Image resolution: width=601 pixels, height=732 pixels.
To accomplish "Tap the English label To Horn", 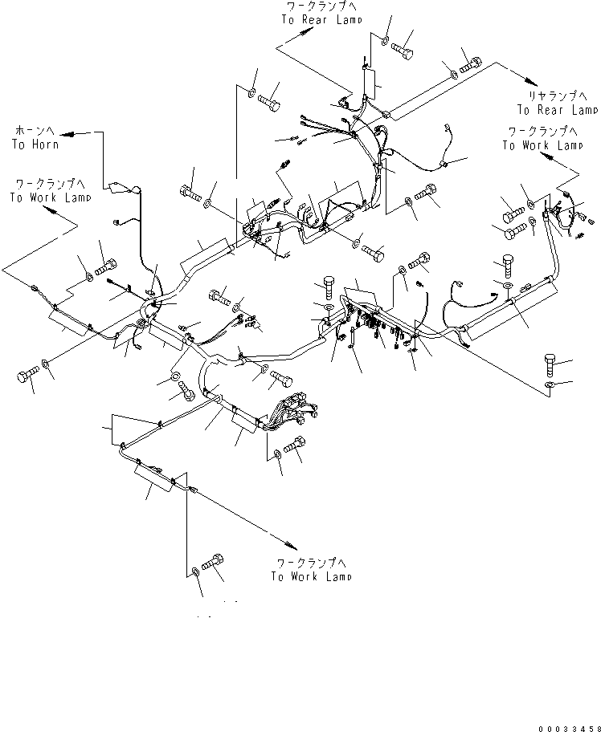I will (x=35, y=144).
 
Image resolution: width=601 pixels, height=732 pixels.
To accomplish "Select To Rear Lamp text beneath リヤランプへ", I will (x=557, y=110).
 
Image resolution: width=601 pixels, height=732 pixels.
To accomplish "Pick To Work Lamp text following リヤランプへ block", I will (x=542, y=145).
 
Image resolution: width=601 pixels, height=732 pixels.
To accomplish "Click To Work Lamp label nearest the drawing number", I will (x=310, y=576).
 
